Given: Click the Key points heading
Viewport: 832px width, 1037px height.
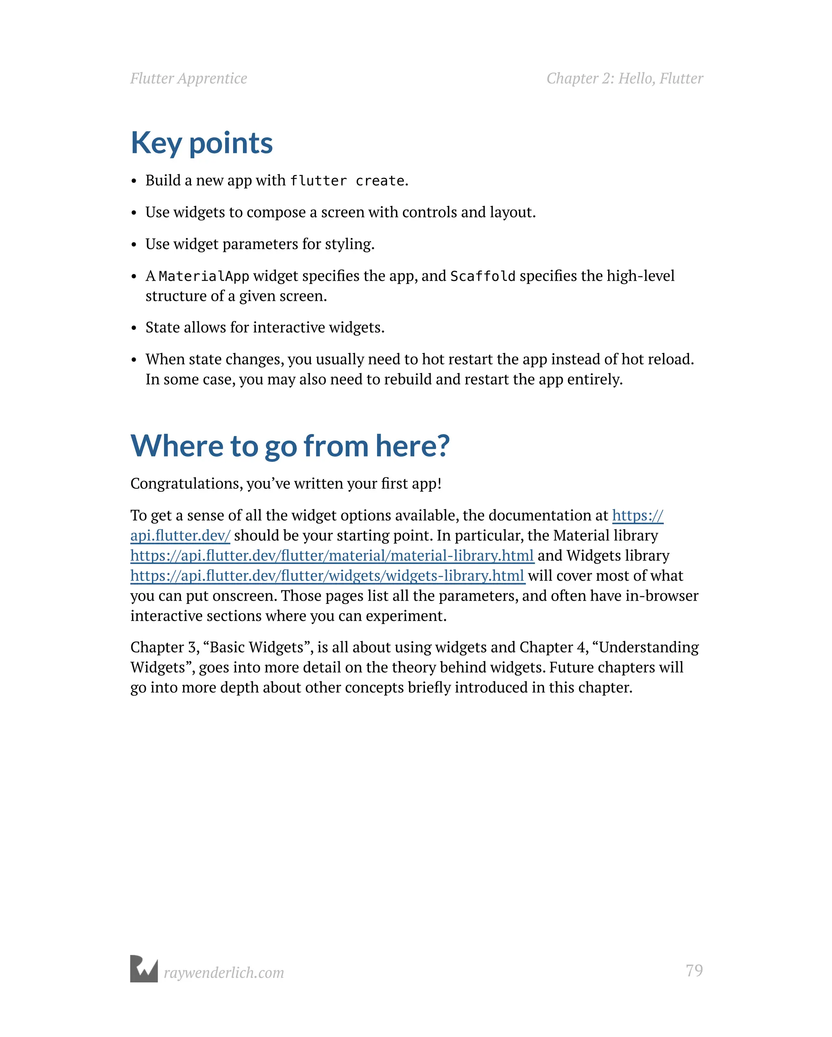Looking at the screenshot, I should coord(201,143).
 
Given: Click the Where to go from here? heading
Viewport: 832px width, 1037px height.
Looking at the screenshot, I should coord(290,445).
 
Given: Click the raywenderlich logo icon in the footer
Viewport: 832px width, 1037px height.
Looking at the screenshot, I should coord(144,969).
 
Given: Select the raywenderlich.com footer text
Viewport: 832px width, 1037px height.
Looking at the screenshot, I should coord(223,972).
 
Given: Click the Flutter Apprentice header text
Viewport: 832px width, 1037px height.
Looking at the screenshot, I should coord(188,78).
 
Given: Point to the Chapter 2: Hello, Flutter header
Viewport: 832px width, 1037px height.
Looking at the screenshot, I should coord(624,78).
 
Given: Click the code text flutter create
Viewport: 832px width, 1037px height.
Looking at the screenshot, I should coord(347,181).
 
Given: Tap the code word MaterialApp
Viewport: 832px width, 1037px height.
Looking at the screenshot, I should coord(204,276).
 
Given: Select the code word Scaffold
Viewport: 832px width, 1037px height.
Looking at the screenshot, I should coord(482,276).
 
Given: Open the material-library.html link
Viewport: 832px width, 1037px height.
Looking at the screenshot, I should coord(332,555).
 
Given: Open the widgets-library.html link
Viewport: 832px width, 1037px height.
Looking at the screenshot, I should coord(327,576).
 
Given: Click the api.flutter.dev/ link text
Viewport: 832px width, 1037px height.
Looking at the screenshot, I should coord(180,535).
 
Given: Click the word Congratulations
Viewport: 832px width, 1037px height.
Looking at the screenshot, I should coord(186,484).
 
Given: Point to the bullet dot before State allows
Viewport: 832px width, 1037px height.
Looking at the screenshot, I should coord(134,328).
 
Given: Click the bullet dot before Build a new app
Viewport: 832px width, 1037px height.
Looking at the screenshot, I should coord(134,181).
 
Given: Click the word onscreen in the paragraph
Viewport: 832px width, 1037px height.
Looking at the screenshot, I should coord(244,596).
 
